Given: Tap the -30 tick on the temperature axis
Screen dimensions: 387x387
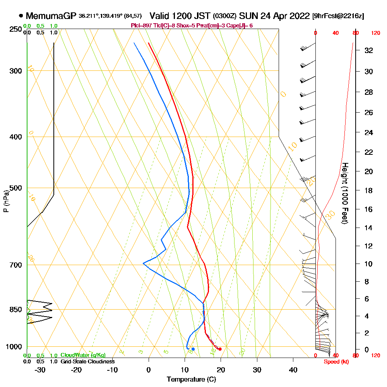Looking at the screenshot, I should coord(40,370).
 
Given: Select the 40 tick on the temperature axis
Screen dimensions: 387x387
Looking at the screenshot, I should coord(293,370).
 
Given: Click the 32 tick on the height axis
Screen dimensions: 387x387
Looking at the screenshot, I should coord(368,50).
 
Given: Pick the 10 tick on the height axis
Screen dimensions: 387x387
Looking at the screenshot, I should coord(368,264).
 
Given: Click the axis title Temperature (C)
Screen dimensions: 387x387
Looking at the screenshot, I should coord(191,380).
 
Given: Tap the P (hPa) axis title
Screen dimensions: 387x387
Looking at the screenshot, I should coord(6,201).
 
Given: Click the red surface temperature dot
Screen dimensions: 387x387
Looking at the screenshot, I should coord(220,349).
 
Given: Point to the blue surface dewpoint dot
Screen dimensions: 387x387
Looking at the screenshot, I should coord(193,349).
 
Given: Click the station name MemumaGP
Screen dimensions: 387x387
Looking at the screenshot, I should coord(51,16).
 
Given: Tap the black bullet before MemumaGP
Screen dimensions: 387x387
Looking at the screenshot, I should coord(21,16).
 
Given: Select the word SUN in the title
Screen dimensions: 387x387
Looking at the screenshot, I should coord(248,16).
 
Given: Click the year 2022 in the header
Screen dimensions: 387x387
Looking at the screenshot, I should coord(298,16).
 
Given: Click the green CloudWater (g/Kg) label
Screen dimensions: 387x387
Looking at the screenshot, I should coord(83,355).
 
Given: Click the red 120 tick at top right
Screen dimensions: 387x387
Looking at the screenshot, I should coord(375,33).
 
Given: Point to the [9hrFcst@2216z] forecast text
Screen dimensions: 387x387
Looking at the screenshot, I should coord(338,16).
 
